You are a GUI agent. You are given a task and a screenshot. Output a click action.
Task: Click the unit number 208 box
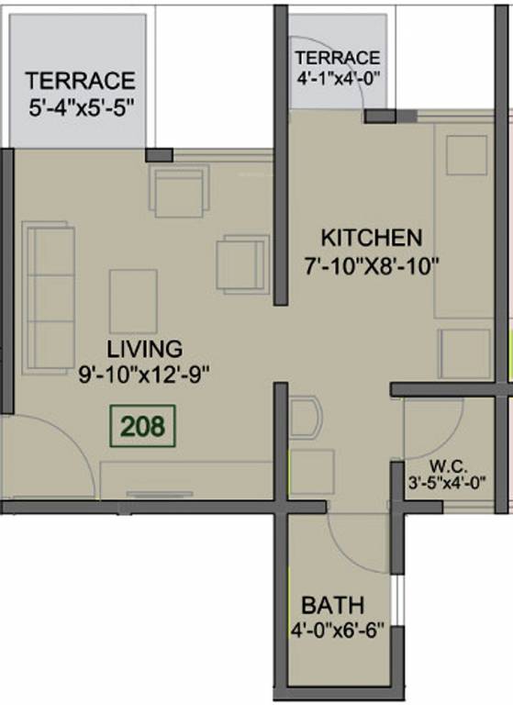[x=142, y=426]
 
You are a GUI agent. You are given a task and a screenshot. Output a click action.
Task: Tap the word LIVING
[x=144, y=349]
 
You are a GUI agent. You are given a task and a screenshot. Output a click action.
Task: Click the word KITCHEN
[x=371, y=239]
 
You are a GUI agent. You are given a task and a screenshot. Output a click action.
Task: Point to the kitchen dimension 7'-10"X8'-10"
[x=374, y=266]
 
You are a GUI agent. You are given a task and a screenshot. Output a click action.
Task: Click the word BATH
[x=333, y=606]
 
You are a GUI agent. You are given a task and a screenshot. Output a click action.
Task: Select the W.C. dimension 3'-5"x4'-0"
[x=447, y=481]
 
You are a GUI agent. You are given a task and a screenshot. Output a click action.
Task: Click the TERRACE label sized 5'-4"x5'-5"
[x=81, y=80]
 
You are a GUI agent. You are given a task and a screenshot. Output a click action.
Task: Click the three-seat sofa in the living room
[x=50, y=285]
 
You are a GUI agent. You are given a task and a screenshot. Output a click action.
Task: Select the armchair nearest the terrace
[x=178, y=193]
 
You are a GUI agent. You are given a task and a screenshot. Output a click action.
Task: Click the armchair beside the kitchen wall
[x=242, y=264]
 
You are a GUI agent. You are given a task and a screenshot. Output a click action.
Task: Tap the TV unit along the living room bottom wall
[x=184, y=481]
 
